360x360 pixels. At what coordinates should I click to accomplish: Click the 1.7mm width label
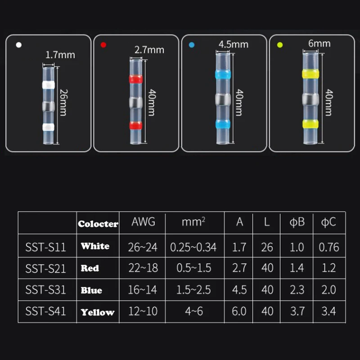60,56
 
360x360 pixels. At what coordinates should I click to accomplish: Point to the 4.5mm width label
233,45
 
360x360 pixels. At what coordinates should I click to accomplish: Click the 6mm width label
319,43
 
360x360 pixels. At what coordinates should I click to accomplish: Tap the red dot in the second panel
103,45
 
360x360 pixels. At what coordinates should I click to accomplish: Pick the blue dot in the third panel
191,45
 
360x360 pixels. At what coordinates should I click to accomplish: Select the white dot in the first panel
18,45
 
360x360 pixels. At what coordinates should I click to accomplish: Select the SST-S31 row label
46,290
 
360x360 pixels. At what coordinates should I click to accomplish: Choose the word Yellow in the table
98,312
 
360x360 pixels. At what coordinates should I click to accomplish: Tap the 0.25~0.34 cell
193,247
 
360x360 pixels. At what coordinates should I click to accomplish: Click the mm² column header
193,222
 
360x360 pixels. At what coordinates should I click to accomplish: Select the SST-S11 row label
46,247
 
